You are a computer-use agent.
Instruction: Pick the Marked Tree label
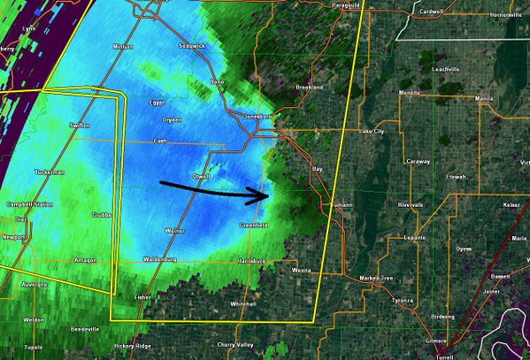click(x=375, y=279)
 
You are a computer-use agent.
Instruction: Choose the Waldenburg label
click(x=159, y=259)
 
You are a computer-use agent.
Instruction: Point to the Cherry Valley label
click(x=234, y=344)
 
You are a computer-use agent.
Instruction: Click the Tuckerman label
click(x=51, y=172)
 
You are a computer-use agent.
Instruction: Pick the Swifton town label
click(x=81, y=126)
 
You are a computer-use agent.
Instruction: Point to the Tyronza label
click(x=403, y=301)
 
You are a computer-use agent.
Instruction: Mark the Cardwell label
click(x=431, y=11)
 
